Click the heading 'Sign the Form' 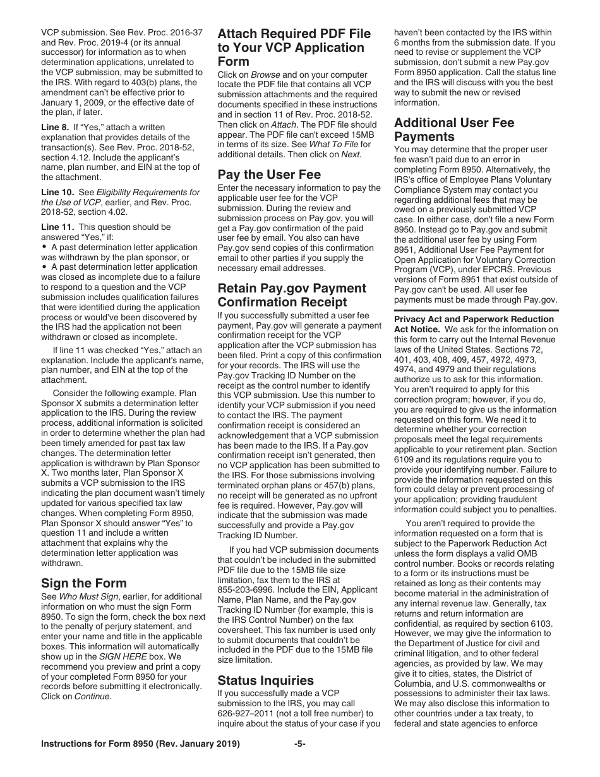(83, 582)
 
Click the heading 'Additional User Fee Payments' (454, 129)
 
